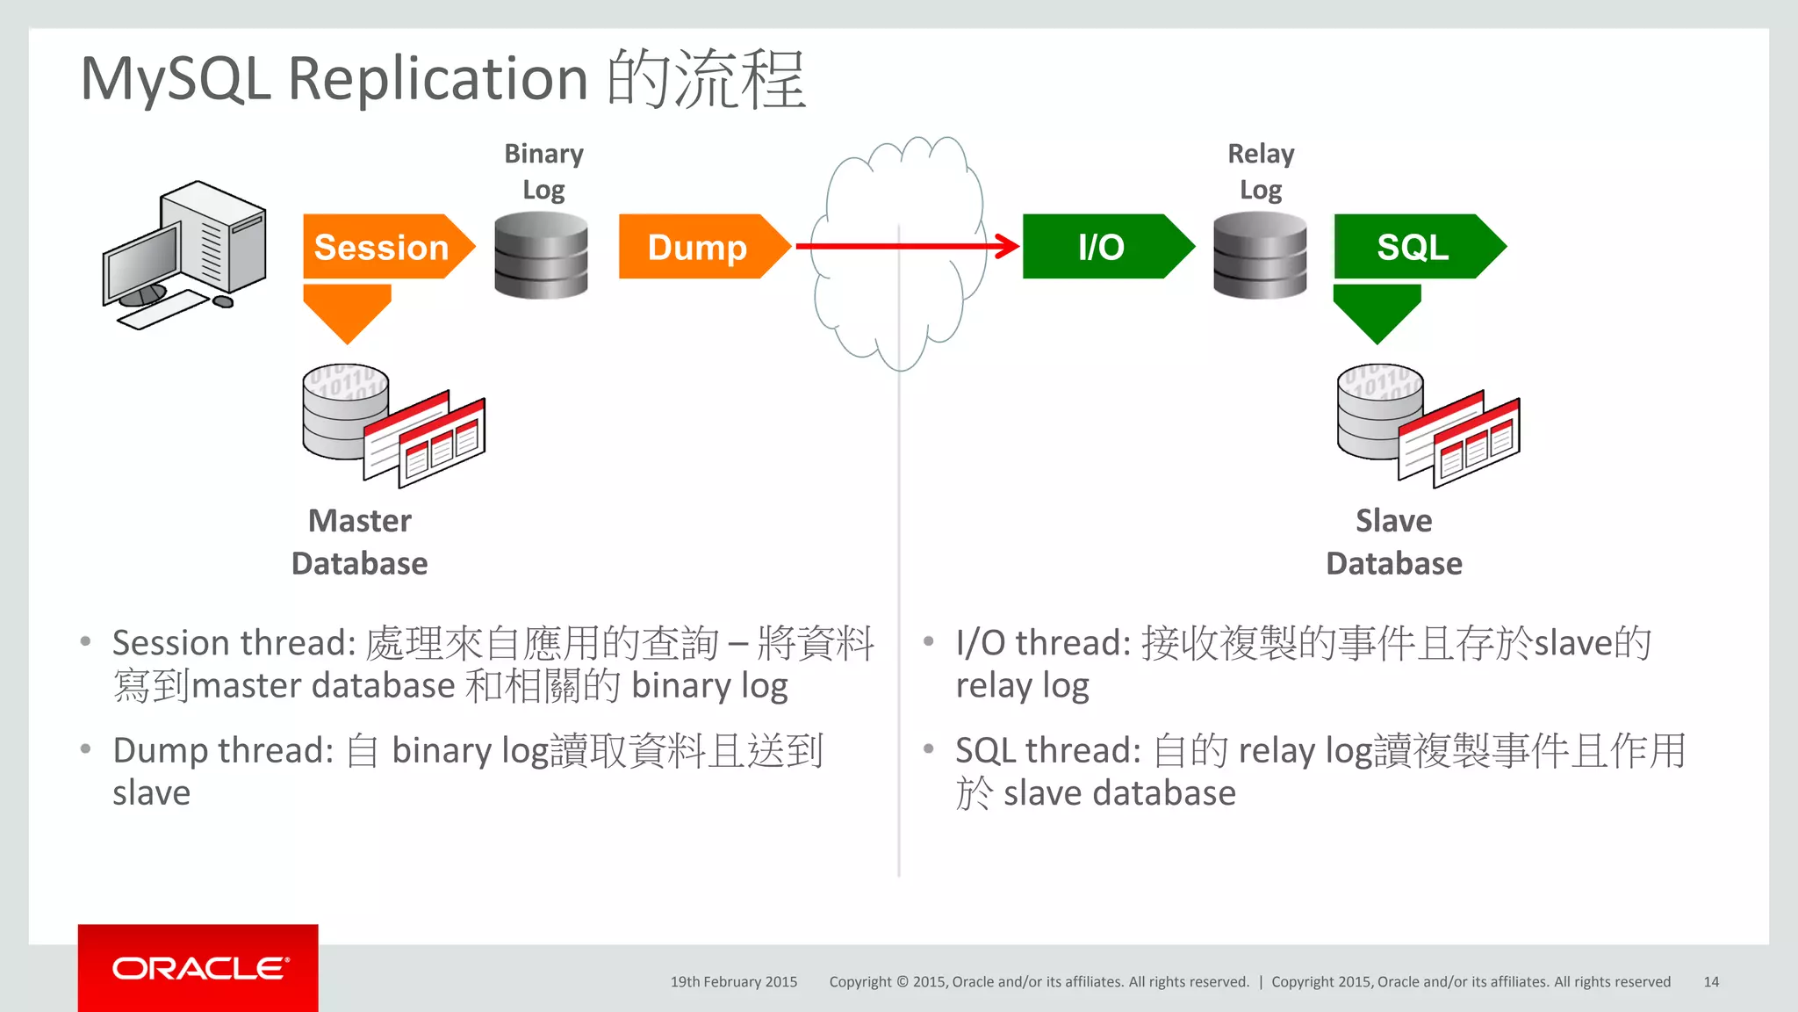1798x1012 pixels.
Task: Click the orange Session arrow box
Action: point(382,247)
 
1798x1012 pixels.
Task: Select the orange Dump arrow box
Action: point(698,247)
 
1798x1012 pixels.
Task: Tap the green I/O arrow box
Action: point(1101,247)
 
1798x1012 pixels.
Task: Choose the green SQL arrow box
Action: point(1413,247)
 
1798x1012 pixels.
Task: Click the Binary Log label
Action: point(543,171)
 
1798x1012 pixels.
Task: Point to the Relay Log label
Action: point(1261,171)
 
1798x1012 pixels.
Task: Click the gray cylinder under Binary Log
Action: point(541,255)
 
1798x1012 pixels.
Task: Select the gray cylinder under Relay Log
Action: point(1260,255)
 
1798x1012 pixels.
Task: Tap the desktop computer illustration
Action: point(184,255)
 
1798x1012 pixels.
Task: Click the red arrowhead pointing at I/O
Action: point(1008,246)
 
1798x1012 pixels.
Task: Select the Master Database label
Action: point(359,542)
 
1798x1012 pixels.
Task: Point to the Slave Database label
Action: point(1394,542)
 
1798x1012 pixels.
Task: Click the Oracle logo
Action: point(198,968)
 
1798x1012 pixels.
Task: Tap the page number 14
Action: point(1710,982)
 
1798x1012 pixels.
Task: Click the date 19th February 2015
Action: point(734,982)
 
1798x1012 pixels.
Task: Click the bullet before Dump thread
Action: point(85,749)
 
